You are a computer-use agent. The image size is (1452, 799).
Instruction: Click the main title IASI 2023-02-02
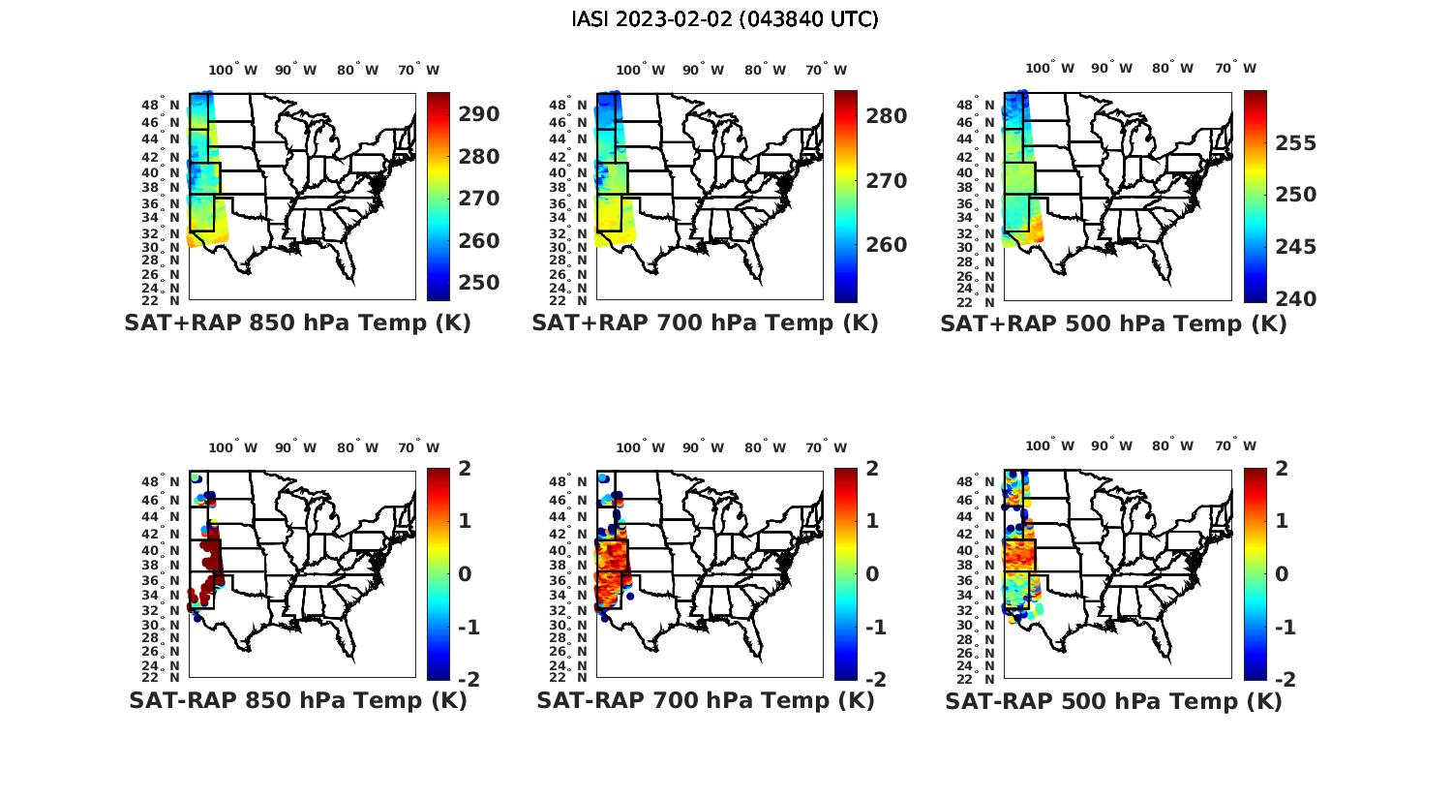pyautogui.click(x=725, y=19)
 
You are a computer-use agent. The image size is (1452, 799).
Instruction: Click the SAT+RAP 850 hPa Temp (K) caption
pyautogui.click(x=297, y=323)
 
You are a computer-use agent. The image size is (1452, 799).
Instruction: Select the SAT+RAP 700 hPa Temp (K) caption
pyautogui.click(x=705, y=323)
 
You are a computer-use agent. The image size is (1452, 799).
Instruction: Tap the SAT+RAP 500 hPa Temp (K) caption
pyautogui.click(x=1113, y=324)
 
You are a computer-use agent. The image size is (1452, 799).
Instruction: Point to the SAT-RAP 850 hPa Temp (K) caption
pyautogui.click(x=298, y=701)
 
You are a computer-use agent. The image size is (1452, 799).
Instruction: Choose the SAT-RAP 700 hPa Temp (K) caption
pyautogui.click(x=706, y=701)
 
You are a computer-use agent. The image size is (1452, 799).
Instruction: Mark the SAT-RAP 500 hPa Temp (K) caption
pyautogui.click(x=1113, y=702)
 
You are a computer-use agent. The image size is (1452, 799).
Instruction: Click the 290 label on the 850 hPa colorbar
pyautogui.click(x=479, y=114)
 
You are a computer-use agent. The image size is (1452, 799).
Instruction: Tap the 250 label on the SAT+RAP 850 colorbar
pyautogui.click(x=479, y=283)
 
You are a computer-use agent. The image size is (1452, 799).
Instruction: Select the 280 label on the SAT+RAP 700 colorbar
pyautogui.click(x=887, y=116)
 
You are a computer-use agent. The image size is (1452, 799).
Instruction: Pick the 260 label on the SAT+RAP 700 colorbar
pyautogui.click(x=887, y=245)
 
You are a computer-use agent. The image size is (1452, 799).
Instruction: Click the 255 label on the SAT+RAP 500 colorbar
pyautogui.click(x=1295, y=143)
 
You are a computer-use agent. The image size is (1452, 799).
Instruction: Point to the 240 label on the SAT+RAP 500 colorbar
pyautogui.click(x=1295, y=299)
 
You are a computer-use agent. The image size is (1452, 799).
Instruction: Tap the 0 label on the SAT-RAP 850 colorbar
pyautogui.click(x=465, y=574)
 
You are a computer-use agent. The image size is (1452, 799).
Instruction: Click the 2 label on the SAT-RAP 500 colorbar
pyautogui.click(x=1282, y=469)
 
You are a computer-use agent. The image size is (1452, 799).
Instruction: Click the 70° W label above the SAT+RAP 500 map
pyautogui.click(x=1235, y=68)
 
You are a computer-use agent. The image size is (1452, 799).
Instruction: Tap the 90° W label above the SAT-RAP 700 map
pyautogui.click(x=703, y=447)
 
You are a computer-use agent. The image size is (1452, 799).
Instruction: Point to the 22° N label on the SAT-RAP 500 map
pyautogui.click(x=977, y=677)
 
